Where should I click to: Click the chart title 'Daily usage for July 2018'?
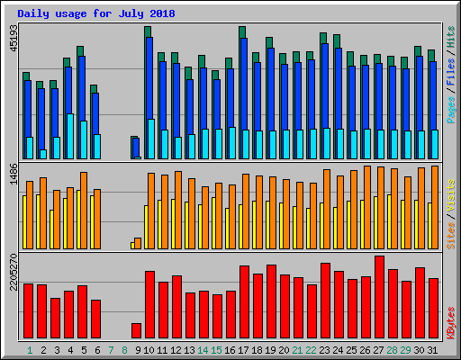[x=96, y=13]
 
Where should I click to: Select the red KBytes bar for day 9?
[x=137, y=330]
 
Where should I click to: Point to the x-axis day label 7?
[x=111, y=349]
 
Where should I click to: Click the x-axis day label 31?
[x=433, y=349]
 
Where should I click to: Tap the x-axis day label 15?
[x=217, y=349]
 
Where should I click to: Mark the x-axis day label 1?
[x=30, y=349]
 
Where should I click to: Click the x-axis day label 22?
[x=312, y=349]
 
